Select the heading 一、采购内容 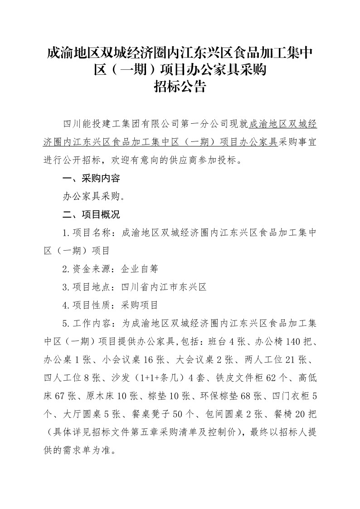pyautogui.click(x=91, y=178)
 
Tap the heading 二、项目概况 pyautogui.click(x=91, y=214)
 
